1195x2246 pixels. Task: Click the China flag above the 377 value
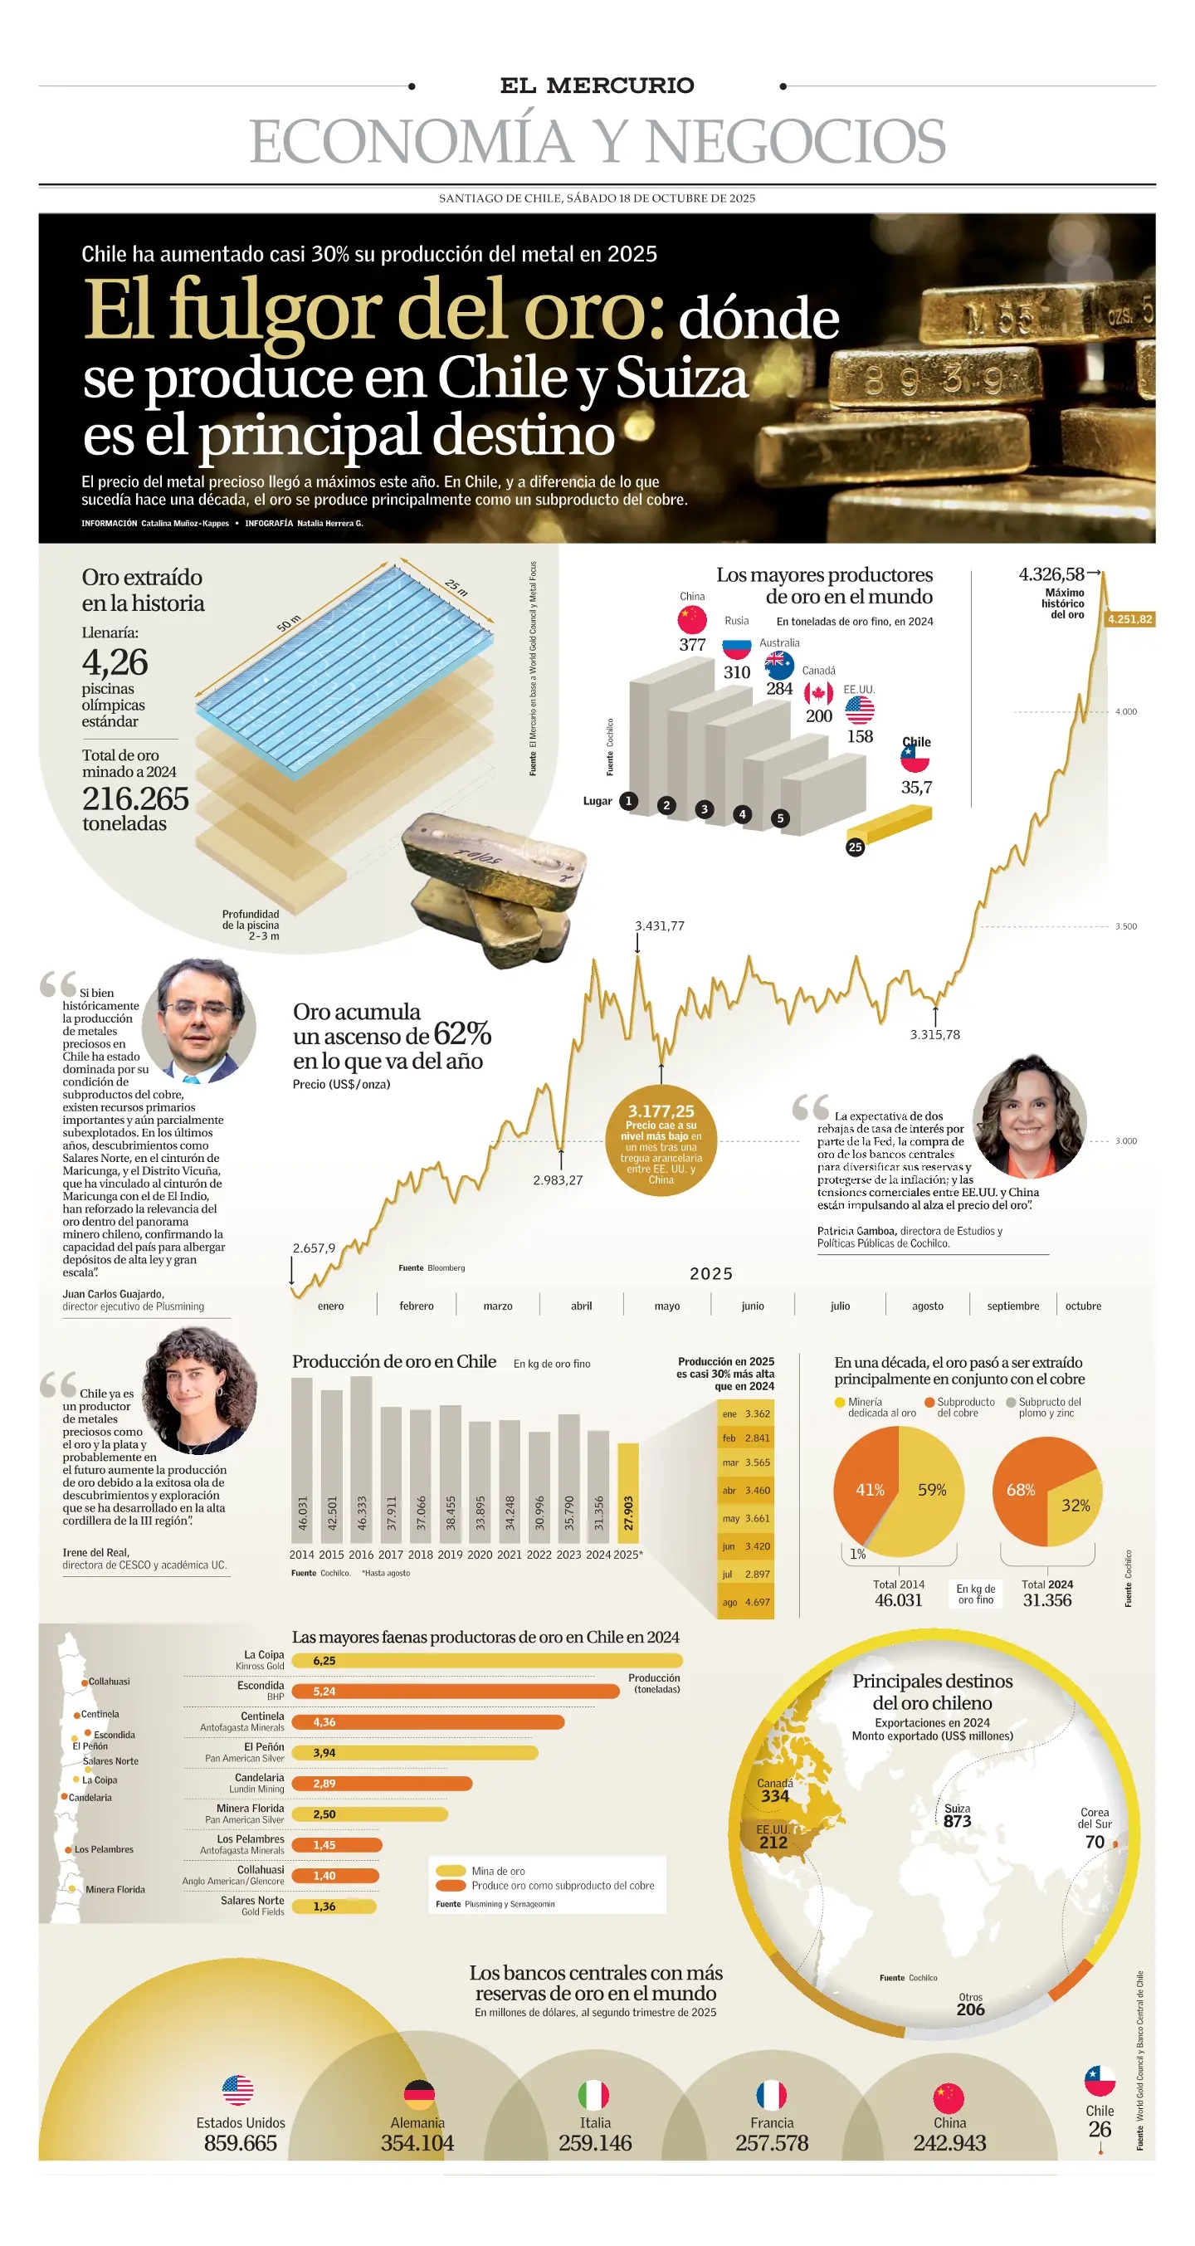pos(692,619)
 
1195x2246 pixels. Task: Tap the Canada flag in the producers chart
pos(818,693)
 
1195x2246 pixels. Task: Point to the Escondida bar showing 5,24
pos(454,1691)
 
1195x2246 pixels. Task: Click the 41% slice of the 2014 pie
pos(868,1489)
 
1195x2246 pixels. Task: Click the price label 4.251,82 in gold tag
pos(1129,619)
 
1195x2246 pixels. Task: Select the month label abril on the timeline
pos(582,1306)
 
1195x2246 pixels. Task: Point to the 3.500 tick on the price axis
pos(1126,926)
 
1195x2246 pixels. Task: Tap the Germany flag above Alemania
pos(419,2093)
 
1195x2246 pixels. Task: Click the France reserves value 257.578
pos(772,2142)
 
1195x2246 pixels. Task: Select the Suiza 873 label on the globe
pos(957,1815)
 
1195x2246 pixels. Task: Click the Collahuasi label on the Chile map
pos(108,1681)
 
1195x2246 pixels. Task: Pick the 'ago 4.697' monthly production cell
pos(745,1602)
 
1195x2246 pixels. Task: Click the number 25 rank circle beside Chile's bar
pos(855,847)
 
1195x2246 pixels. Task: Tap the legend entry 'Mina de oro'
pos(498,1870)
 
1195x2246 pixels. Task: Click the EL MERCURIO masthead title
pos(597,85)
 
